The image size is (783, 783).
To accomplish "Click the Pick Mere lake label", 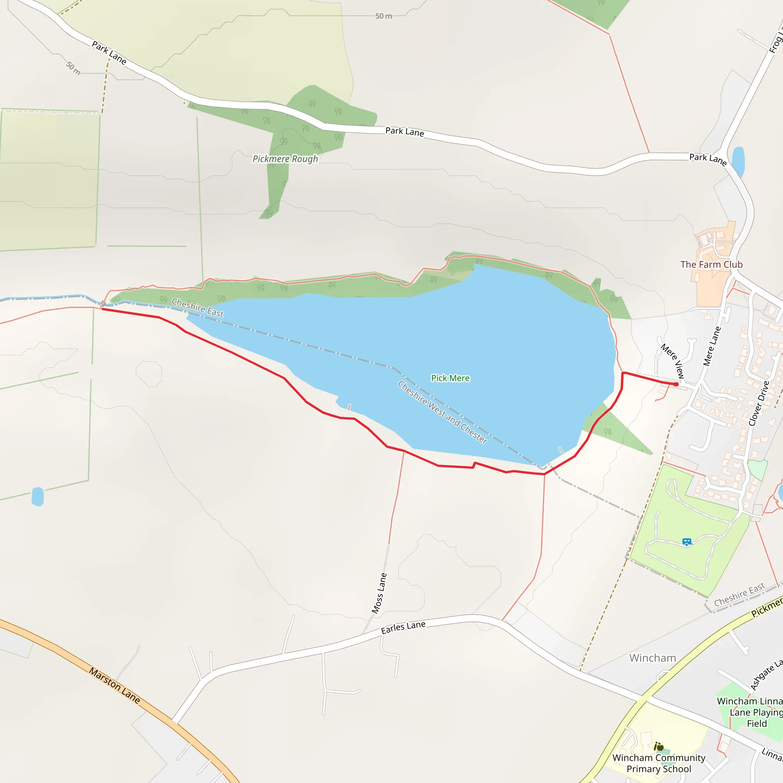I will click(450, 378).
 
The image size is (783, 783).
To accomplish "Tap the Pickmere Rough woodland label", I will click(285, 159).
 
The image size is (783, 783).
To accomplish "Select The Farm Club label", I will click(711, 265).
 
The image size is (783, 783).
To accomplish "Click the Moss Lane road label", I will click(379, 593).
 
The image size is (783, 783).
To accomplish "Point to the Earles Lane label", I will click(403, 627).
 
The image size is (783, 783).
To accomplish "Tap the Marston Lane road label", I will click(115, 686).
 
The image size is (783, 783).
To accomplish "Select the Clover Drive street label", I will click(759, 403).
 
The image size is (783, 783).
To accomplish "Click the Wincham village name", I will click(653, 658).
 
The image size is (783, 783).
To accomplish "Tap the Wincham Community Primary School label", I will click(659, 763).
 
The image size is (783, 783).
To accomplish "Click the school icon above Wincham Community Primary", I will click(659, 747).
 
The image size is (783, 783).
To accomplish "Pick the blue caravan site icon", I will click(687, 542).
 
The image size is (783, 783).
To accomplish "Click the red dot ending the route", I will click(676, 384).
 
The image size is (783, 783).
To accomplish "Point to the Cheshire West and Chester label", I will click(443, 412).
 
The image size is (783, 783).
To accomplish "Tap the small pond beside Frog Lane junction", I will click(738, 161).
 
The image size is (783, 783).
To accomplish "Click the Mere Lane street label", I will click(712, 346).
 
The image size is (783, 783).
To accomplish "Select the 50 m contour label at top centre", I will click(383, 16).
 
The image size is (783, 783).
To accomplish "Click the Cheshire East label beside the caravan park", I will click(739, 595).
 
